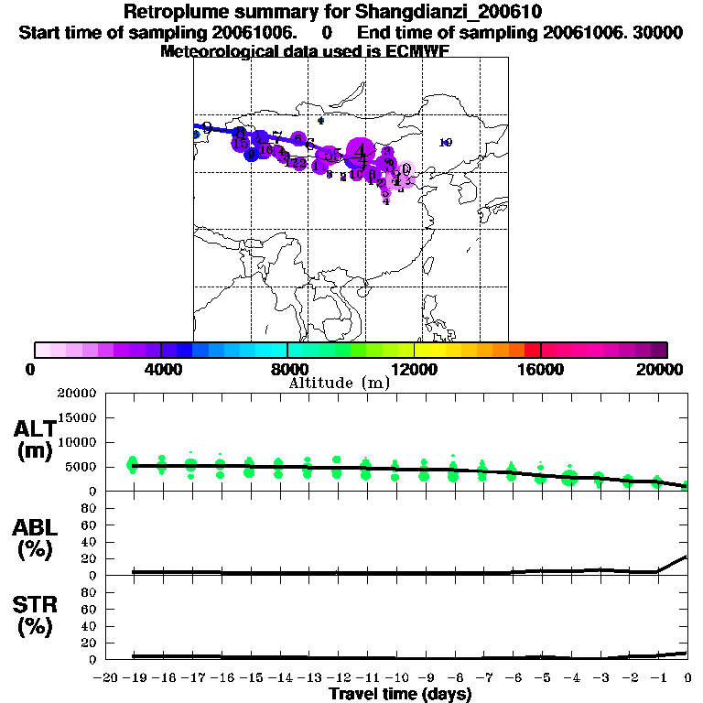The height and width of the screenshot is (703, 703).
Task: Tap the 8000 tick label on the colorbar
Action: point(287,369)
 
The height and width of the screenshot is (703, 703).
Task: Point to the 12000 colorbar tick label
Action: point(415,369)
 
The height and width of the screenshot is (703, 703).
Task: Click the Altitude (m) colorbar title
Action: point(340,383)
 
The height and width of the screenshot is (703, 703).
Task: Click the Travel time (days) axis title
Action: point(400,695)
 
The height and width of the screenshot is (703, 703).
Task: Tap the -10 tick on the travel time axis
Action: point(395,677)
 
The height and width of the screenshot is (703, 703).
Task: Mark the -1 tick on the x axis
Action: point(656,677)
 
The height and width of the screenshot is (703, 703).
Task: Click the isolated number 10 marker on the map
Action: point(446,142)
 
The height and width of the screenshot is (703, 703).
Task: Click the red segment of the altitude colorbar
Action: point(532,350)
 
